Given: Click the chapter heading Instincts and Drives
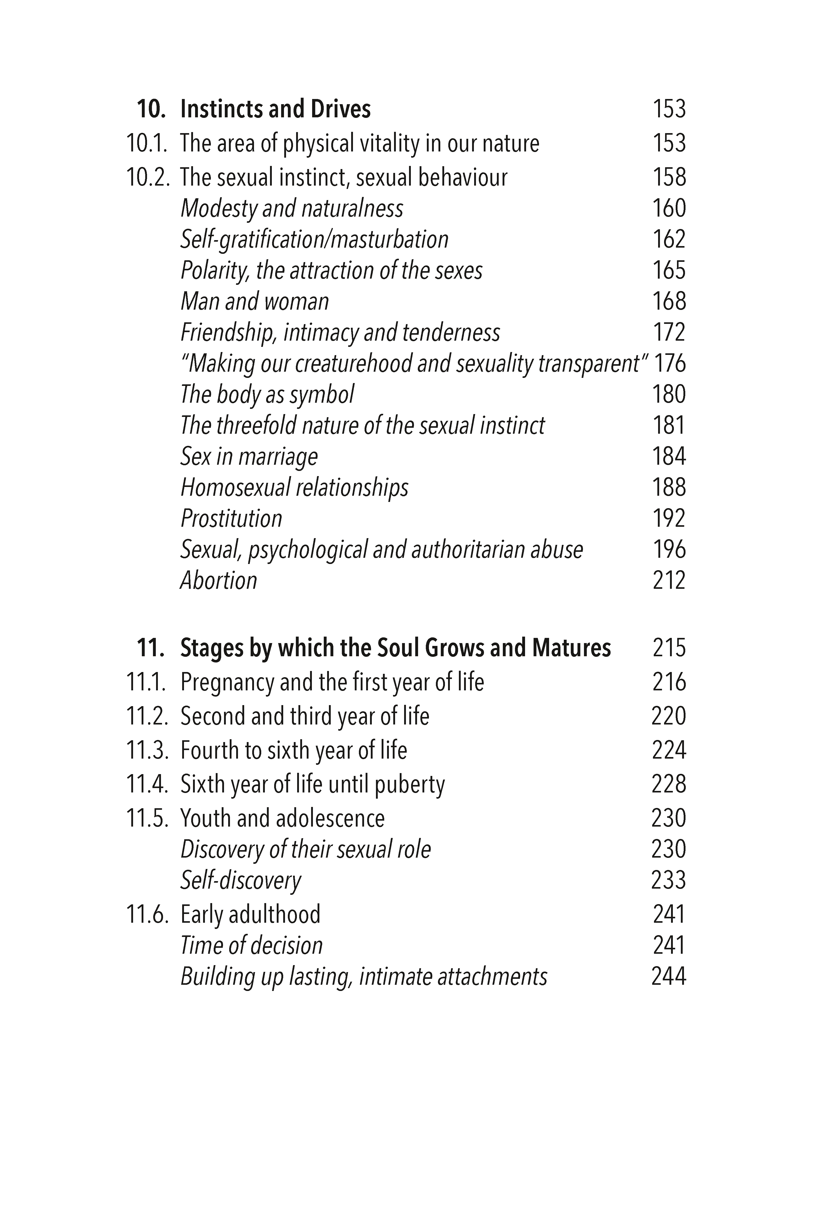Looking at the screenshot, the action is [275, 109].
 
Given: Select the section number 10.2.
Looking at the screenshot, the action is [148, 178].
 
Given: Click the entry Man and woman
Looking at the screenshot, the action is [255, 302].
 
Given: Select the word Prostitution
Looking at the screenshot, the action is [231, 518].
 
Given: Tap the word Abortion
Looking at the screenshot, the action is [219, 581].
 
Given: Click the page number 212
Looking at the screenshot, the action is [669, 581].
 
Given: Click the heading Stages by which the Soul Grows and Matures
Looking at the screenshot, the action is [395, 648].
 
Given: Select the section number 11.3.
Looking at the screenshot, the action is [148, 750].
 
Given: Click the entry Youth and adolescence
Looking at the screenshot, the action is [282, 819].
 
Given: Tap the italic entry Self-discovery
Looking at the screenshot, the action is [241, 881].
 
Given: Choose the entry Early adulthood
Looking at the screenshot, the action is [250, 915].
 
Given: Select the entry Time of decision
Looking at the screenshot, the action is [251, 946].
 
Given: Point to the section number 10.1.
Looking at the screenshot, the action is [147, 143].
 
